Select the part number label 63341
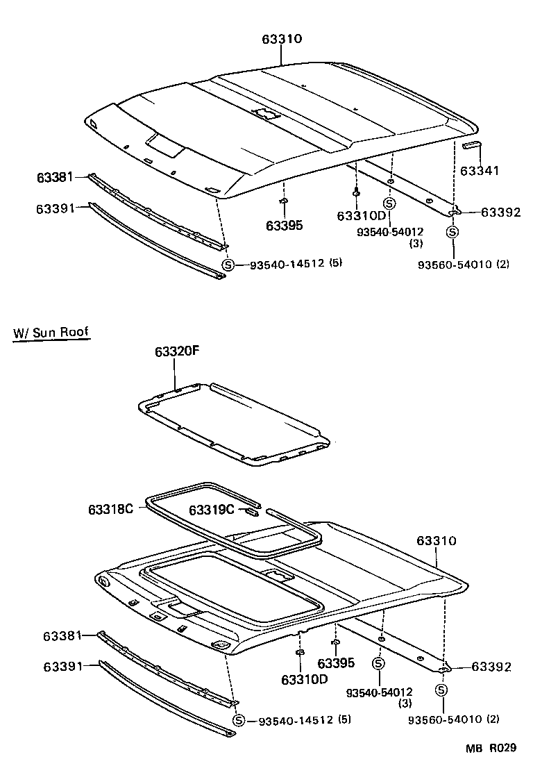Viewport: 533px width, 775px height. tap(480, 169)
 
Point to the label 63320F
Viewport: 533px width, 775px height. tap(177, 351)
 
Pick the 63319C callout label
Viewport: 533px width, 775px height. tap(212, 511)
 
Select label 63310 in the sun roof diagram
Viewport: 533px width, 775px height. tap(437, 540)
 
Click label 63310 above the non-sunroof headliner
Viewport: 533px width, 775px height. tap(282, 39)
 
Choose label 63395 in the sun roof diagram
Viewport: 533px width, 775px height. tap(336, 663)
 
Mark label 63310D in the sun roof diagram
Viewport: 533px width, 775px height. tap(304, 678)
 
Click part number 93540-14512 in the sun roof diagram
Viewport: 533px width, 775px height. tap(296, 720)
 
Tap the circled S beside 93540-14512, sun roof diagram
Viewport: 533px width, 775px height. tap(238, 720)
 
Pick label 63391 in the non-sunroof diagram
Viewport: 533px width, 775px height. tap(56, 207)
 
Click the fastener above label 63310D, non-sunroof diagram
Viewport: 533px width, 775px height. tap(356, 191)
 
